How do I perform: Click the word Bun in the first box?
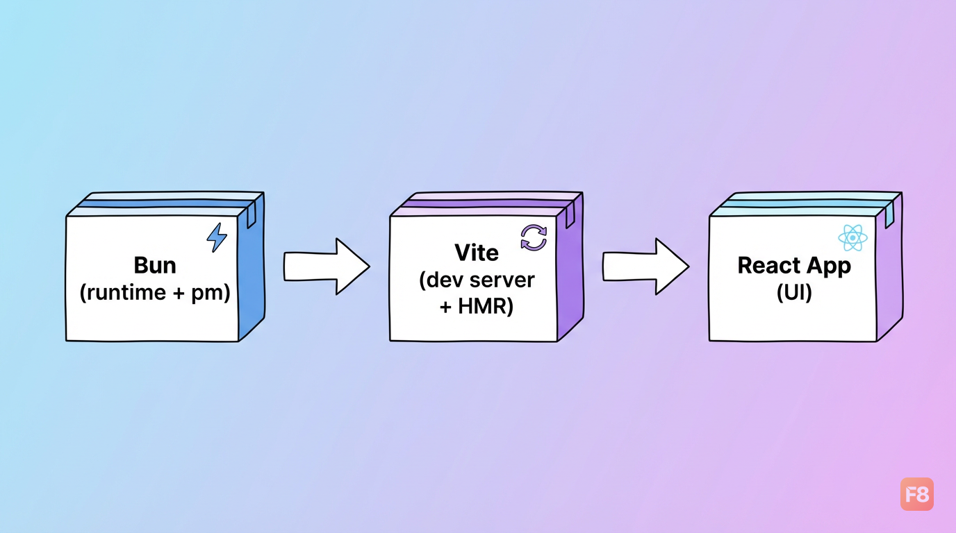coord(155,265)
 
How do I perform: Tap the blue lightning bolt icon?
coord(217,237)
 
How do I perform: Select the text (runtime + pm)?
coord(155,292)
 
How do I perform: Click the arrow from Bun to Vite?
coord(327,266)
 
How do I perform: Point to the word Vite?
coord(477,253)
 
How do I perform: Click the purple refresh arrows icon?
coord(534,237)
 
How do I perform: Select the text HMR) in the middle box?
coord(486,306)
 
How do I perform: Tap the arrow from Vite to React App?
coord(645,266)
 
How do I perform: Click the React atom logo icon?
coord(852,238)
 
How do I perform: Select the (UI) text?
coord(794,292)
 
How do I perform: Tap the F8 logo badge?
coord(916,494)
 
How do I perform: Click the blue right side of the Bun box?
coord(252,273)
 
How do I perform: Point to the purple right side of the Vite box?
coord(570,273)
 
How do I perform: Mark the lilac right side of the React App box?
coord(889,273)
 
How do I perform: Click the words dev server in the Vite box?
coord(481,280)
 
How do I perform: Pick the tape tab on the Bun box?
coord(252,214)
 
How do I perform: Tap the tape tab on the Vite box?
coord(570,214)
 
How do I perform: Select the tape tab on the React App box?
coord(889,214)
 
